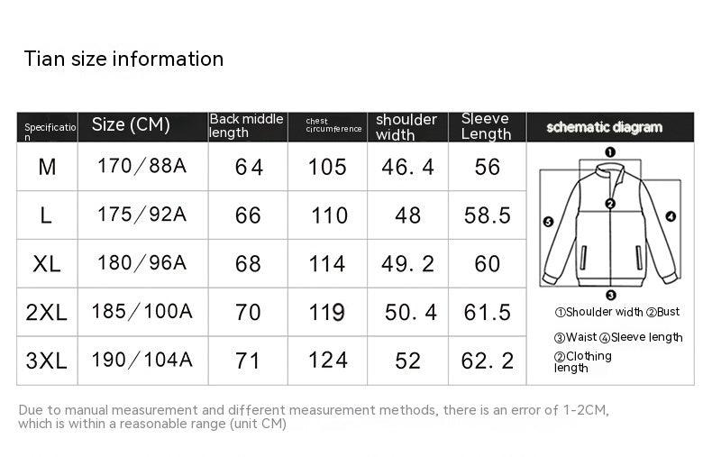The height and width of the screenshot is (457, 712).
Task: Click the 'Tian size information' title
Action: coord(123,59)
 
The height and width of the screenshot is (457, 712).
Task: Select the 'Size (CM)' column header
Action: coord(131,124)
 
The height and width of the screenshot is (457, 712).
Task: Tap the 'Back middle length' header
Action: coord(246,126)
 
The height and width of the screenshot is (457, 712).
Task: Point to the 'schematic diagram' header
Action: coord(604,127)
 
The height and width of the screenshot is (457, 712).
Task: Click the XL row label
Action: coord(47,264)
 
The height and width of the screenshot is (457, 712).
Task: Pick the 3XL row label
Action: coord(46,361)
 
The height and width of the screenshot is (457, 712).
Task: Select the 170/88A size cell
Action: coord(141,166)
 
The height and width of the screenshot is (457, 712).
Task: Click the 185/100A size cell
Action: coord(141,312)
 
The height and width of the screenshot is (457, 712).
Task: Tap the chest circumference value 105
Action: coord(327,167)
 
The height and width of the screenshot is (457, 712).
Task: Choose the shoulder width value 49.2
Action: coord(407,264)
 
